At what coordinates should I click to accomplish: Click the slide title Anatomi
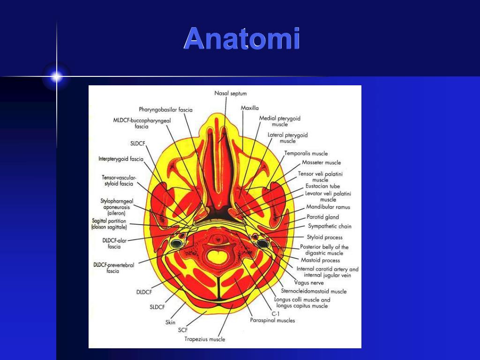pos(241,39)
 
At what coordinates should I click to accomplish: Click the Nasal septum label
pos(230,94)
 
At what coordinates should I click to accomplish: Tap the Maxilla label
pos(249,108)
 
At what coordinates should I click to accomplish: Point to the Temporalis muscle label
pos(306,153)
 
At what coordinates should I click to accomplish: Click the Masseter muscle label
pos(321,163)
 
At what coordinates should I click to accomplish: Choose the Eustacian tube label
pos(322,186)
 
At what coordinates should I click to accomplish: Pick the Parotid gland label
pos(322,217)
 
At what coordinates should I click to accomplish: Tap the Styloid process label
pos(324,237)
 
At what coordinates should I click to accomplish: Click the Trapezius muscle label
pos(204,339)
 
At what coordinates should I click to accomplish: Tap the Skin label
pos(170,322)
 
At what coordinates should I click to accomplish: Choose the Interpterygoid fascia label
pos(121,159)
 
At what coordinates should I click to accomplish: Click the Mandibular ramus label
pos(328,207)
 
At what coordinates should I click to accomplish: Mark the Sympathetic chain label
pos(330,226)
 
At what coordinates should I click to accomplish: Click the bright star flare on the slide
pos(56,76)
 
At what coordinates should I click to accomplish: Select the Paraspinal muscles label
pos(272,321)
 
